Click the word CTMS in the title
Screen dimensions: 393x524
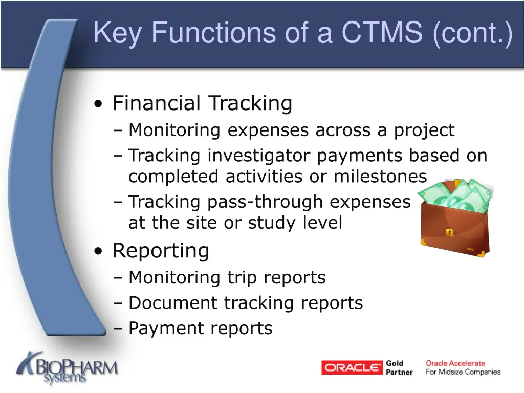382,33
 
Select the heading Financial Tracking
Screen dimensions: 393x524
202,103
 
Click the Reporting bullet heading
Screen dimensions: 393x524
161,251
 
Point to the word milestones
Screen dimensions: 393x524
380,177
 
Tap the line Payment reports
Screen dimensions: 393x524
200,328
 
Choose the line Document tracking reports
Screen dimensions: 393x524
246,303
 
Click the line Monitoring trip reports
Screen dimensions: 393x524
227,277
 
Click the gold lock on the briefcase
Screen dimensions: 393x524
449,233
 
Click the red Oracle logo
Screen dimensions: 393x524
352,367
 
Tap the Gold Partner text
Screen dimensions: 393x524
399,367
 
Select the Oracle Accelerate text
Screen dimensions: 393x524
455,363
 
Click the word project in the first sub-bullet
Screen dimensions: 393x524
424,130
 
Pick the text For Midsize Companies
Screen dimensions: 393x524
463,372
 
